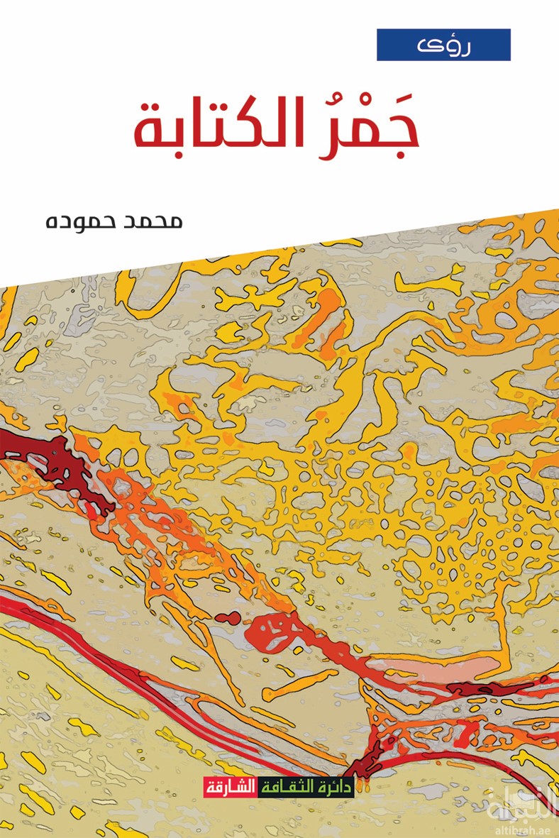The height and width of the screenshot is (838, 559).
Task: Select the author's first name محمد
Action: click(x=157, y=221)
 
